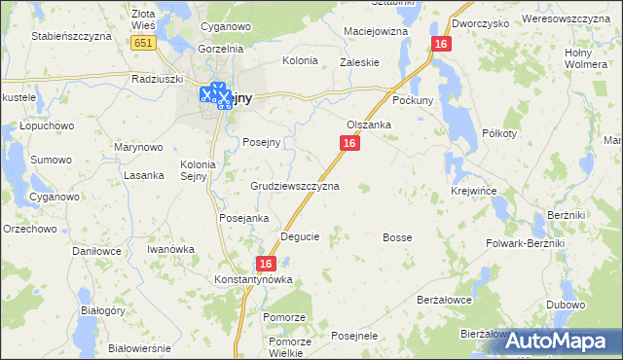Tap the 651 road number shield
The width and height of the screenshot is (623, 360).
tap(143, 43)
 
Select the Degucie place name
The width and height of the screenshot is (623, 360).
tap(300, 236)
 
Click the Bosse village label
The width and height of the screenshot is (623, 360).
tap(397, 237)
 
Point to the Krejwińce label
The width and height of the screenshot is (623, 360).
tap(472, 192)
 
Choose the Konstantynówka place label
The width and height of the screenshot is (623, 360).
tap(253, 280)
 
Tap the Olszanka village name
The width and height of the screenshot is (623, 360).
tap(369, 125)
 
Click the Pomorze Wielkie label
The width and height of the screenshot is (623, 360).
tap(290, 347)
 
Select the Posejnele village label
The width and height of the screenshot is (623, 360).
tap(354, 336)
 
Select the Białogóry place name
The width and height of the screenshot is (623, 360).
tap(104, 310)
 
